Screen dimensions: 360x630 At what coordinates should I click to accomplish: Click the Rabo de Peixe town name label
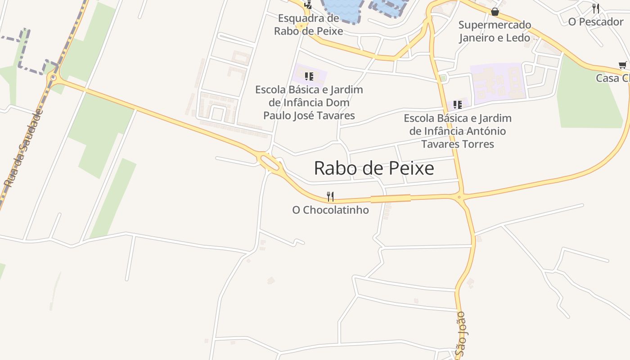pyautogui.click(x=373, y=168)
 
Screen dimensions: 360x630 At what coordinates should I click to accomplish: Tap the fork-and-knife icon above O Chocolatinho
pyautogui.click(x=330, y=196)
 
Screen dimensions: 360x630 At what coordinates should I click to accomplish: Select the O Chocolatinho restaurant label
pyautogui.click(x=330, y=210)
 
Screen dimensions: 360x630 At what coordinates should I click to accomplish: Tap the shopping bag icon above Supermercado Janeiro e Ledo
pyautogui.click(x=495, y=12)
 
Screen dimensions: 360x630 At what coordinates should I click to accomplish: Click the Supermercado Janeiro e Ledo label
pyautogui.click(x=495, y=31)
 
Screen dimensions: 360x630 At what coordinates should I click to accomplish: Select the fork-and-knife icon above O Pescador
pyautogui.click(x=596, y=8)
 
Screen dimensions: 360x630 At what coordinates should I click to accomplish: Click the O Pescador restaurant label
pyautogui.click(x=595, y=22)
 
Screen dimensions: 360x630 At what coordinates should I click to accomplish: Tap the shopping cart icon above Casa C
pyautogui.click(x=623, y=65)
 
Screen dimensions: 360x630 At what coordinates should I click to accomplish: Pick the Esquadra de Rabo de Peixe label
pyautogui.click(x=308, y=25)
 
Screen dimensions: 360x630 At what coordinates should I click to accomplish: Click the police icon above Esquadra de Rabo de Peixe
pyautogui.click(x=308, y=5)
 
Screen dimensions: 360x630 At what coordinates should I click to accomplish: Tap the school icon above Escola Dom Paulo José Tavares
pyautogui.click(x=309, y=76)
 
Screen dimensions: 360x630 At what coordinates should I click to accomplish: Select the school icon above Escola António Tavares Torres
pyautogui.click(x=458, y=105)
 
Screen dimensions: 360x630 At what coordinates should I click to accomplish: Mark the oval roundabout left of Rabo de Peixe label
pyautogui.click(x=270, y=162)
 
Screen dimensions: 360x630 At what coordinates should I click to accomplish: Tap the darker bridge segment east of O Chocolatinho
pyautogui.click(x=390, y=198)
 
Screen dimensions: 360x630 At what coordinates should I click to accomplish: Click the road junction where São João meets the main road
pyautogui.click(x=459, y=197)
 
